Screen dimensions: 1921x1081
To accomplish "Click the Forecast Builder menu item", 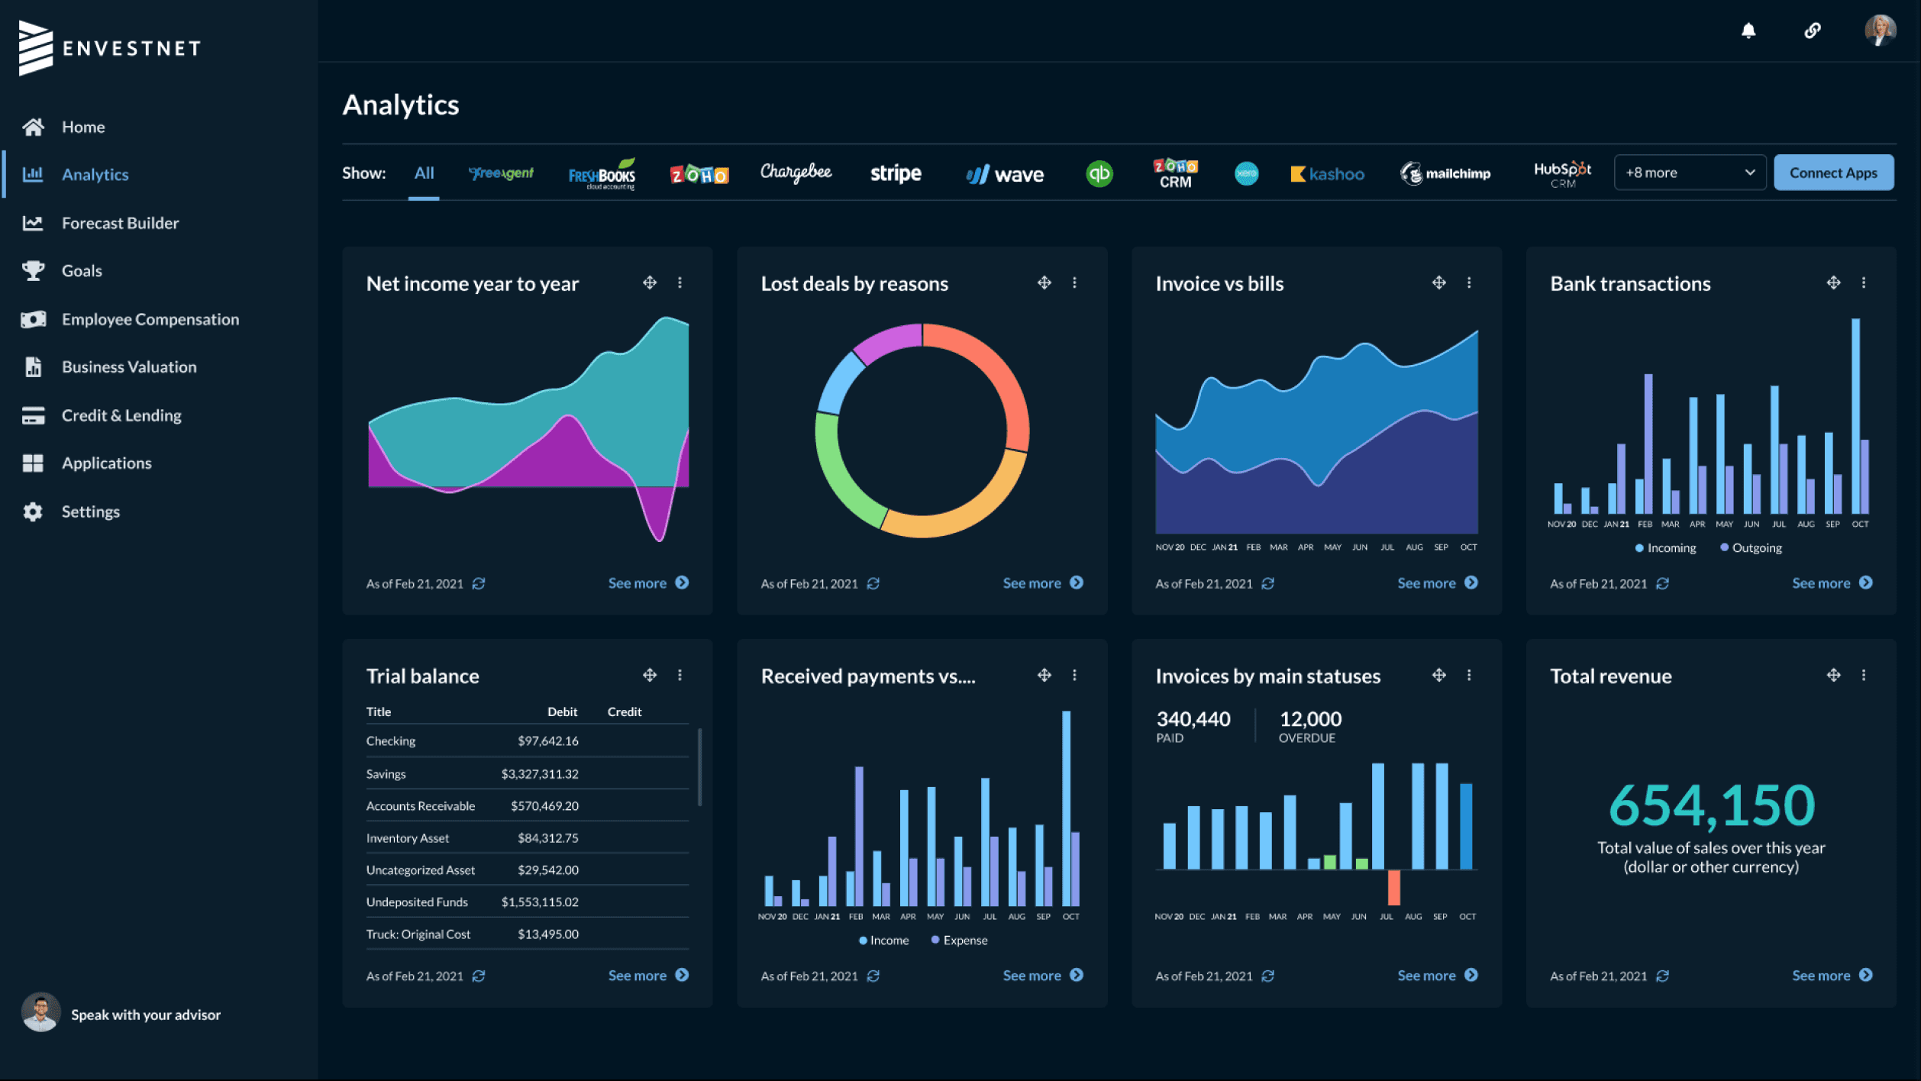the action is click(120, 223).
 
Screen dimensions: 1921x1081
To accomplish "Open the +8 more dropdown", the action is click(1690, 173).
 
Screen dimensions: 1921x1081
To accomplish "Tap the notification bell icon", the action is click(1748, 31).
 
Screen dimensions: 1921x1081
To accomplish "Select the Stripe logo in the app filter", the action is click(896, 173).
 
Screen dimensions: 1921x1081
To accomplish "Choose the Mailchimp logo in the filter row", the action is click(1445, 173).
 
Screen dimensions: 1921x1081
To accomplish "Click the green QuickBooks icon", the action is click(1099, 173).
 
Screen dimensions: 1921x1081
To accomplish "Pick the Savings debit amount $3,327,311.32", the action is click(540, 773).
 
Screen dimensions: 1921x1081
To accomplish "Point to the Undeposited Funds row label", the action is click(417, 902).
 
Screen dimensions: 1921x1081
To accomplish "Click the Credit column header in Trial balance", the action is click(625, 712).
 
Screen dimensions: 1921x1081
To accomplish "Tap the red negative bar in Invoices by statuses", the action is click(1393, 887).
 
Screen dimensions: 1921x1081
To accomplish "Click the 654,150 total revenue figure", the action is click(1711, 805).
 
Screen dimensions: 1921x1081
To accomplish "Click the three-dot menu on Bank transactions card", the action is click(1864, 282).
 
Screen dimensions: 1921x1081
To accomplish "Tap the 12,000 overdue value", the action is click(1310, 718).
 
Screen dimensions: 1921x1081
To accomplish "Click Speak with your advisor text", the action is click(146, 1015).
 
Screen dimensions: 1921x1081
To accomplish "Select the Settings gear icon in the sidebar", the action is click(33, 511).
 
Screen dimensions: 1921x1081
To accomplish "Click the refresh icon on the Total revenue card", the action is click(1662, 976).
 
